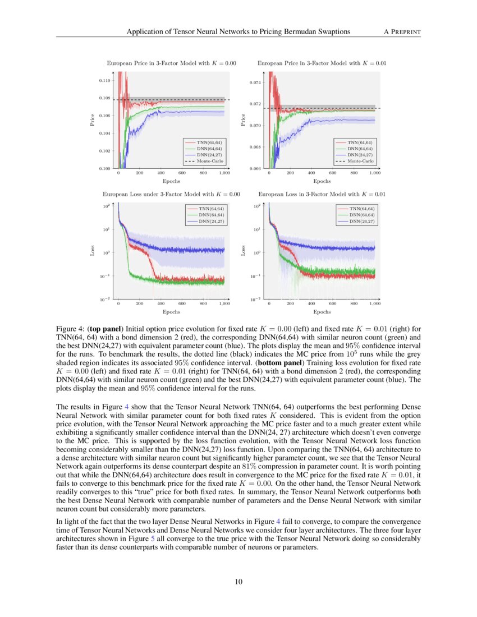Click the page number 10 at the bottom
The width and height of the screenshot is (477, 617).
[x=238, y=582]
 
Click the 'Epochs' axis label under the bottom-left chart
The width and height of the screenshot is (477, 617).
[x=171, y=311]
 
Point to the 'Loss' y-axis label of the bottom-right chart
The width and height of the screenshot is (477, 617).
[x=244, y=252]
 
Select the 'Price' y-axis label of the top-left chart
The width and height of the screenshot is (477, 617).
[x=93, y=120]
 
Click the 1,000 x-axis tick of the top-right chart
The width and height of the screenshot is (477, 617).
[x=374, y=173]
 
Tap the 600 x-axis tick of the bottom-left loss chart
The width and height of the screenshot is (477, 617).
[x=182, y=303]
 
